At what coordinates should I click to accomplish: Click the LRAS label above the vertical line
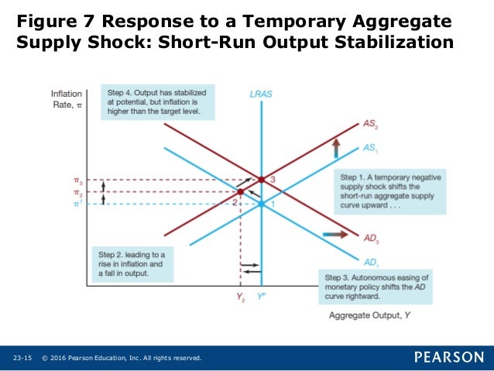(261, 94)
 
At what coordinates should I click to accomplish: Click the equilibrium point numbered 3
(262, 180)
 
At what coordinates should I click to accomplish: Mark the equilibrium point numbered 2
(241, 191)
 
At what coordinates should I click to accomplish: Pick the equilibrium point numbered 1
(262, 204)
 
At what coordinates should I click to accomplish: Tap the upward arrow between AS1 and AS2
(336, 146)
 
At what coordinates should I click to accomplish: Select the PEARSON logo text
(448, 357)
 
